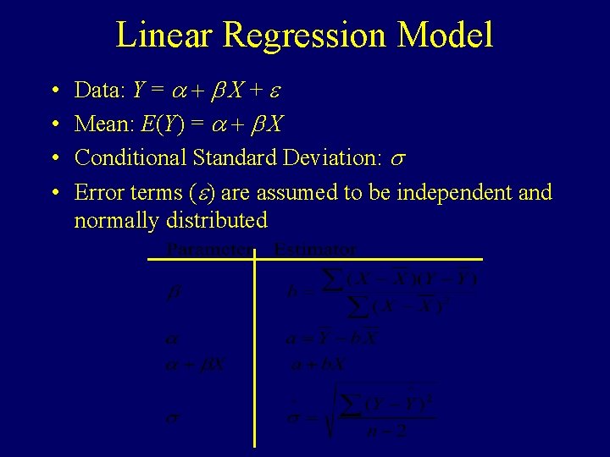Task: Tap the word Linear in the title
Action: click(165, 36)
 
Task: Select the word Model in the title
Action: click(446, 36)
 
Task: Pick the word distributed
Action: click(219, 221)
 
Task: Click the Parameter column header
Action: click(208, 250)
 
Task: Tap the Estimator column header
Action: click(316, 250)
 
